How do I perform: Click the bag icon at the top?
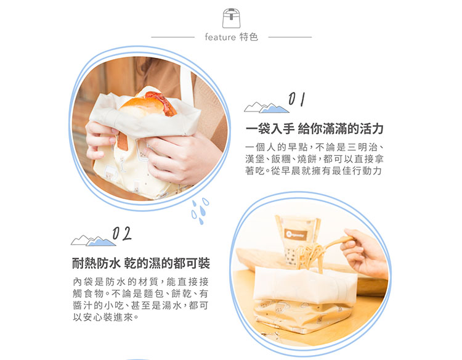(x=231, y=18)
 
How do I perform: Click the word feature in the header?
(x=220, y=37)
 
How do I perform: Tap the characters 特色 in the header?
(x=249, y=37)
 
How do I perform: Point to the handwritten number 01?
(x=296, y=99)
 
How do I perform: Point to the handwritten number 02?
(x=122, y=234)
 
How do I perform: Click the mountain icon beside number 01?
(x=266, y=108)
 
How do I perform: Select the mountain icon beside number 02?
(x=93, y=240)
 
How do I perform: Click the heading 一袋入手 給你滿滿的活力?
(x=314, y=129)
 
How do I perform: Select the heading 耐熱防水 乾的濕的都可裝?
(x=141, y=263)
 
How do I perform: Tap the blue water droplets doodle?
(x=200, y=211)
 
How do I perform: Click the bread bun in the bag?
(x=148, y=105)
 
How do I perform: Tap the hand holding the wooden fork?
(x=365, y=253)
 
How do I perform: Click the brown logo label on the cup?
(x=297, y=235)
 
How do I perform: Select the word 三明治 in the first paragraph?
(x=362, y=147)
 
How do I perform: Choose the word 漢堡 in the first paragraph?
(x=254, y=159)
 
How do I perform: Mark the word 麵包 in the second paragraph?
(x=154, y=293)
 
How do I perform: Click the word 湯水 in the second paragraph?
(x=172, y=306)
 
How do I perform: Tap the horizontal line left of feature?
(x=173, y=37)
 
